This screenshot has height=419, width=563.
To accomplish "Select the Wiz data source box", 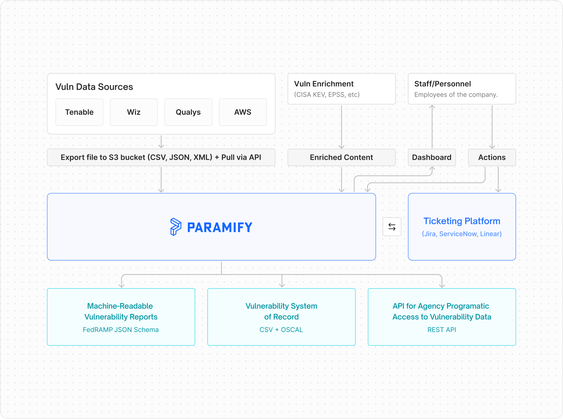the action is point(134,112).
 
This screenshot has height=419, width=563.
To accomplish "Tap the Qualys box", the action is point(188,112).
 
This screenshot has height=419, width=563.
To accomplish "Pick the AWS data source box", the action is point(243,112).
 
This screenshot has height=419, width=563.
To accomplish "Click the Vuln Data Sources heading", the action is point(94,87).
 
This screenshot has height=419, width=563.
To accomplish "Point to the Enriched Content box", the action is point(342,157).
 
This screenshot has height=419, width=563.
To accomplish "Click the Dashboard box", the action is point(432,157).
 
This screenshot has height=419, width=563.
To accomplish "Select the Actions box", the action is point(492,157).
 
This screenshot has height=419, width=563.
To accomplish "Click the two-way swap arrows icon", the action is point(392,227).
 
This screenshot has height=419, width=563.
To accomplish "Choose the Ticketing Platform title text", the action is point(462,221).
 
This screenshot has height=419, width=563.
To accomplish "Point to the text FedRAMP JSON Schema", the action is point(121,330).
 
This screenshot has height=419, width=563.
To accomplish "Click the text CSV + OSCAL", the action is point(281,330).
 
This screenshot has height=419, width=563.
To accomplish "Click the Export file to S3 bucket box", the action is point(161,157).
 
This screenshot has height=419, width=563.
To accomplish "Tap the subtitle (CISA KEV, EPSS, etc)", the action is point(327,95).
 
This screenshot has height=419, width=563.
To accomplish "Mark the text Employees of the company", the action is point(456,95).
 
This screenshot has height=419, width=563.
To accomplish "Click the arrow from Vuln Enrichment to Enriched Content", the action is point(342,127).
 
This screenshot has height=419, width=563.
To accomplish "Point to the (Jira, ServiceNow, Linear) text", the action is point(462,234).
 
